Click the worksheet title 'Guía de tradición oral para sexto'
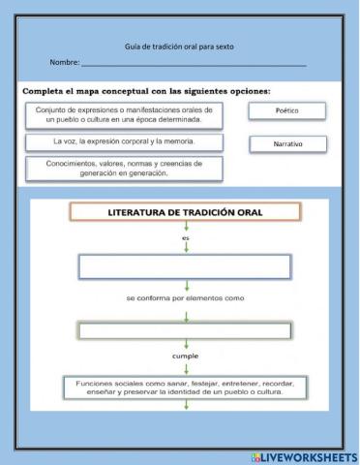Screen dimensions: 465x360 [179, 46]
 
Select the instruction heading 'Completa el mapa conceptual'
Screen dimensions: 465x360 [146, 91]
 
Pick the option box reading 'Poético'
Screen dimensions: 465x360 [286, 111]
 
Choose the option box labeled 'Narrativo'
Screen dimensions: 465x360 [286, 144]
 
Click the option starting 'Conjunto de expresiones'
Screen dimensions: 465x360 [124, 116]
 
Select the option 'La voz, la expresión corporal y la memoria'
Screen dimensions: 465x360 [124, 141]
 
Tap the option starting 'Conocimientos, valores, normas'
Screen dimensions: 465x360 [124, 169]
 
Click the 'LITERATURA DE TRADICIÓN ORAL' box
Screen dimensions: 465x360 [185, 212]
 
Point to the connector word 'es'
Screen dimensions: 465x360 [185, 235]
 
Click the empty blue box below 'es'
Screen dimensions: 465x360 [185, 266]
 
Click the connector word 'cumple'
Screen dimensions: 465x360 [185, 356]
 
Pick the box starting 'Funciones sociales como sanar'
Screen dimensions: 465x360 [185, 387]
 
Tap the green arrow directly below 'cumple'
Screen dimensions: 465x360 [185, 367]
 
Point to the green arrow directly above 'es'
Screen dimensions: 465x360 [185, 226]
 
